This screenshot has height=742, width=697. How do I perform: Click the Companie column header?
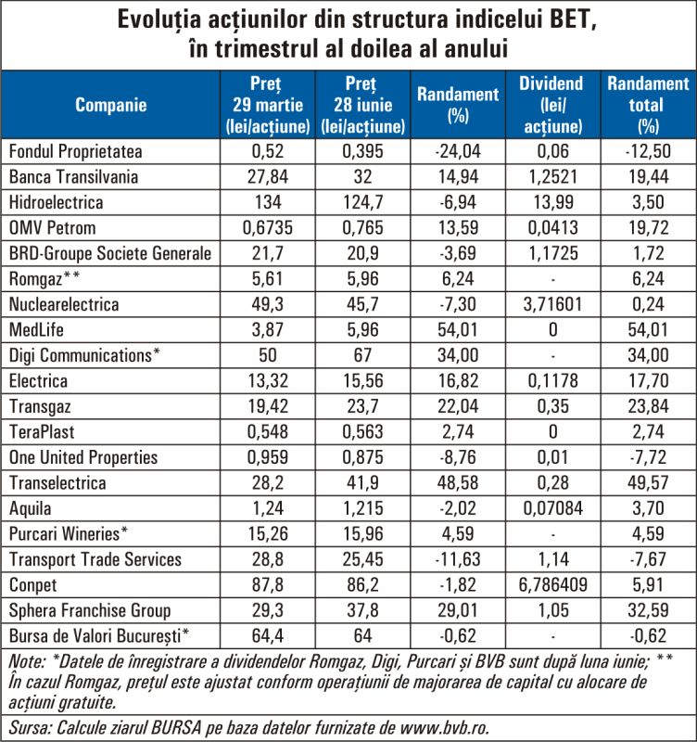(110, 105)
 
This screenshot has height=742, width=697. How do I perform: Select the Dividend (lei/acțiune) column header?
(552, 105)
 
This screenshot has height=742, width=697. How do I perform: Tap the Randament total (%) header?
(648, 105)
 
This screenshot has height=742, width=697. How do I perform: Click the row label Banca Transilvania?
(74, 176)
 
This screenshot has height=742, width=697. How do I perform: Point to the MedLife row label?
(36, 329)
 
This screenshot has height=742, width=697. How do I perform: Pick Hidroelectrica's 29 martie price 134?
(268, 202)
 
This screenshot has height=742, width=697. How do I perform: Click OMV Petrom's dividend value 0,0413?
(552, 227)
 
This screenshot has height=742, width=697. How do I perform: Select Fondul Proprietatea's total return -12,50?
(648, 151)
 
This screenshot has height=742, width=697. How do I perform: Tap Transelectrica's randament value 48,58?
(458, 482)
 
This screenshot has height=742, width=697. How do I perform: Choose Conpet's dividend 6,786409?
(552, 585)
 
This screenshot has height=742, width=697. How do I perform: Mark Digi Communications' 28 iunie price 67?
(362, 355)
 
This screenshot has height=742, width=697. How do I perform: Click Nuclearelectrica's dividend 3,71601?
(552, 304)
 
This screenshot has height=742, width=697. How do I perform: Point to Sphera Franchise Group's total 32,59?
(648, 610)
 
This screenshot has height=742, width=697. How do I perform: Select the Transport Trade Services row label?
(95, 559)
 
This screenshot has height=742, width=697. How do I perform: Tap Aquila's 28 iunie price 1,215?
(362, 508)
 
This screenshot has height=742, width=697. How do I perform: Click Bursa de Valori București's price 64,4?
(268, 636)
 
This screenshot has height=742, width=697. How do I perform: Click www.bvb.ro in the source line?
(444, 727)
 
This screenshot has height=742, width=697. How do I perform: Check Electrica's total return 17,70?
(648, 380)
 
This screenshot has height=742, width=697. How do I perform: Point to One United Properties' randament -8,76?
(458, 457)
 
